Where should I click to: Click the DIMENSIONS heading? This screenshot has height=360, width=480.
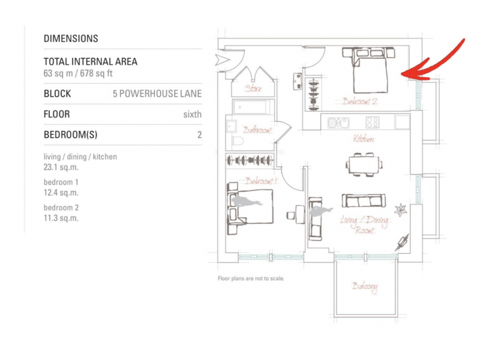71,38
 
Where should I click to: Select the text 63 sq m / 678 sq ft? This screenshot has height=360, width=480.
78,73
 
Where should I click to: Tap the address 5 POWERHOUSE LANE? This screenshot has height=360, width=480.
157,94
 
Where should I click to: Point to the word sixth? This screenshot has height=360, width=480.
192,115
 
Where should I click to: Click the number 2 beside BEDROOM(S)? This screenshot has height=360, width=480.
200,134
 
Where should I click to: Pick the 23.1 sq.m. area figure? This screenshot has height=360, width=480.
61,167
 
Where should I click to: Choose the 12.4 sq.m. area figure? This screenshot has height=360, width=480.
61,193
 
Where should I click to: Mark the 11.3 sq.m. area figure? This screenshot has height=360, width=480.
61,218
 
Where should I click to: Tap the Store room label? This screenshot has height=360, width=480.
253,88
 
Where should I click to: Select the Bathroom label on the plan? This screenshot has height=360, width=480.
257,130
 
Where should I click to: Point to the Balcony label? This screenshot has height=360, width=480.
365,287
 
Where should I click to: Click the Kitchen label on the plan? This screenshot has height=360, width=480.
364,139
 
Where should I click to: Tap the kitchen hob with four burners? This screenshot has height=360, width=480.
373,122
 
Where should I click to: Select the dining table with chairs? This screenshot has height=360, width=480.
364,164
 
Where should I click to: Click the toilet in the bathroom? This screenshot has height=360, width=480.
238,141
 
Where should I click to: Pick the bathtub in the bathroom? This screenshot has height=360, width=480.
251,107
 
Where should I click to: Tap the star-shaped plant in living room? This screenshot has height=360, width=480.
401,210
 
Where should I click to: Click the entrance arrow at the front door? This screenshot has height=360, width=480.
222,60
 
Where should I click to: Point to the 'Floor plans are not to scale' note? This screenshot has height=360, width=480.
251,278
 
